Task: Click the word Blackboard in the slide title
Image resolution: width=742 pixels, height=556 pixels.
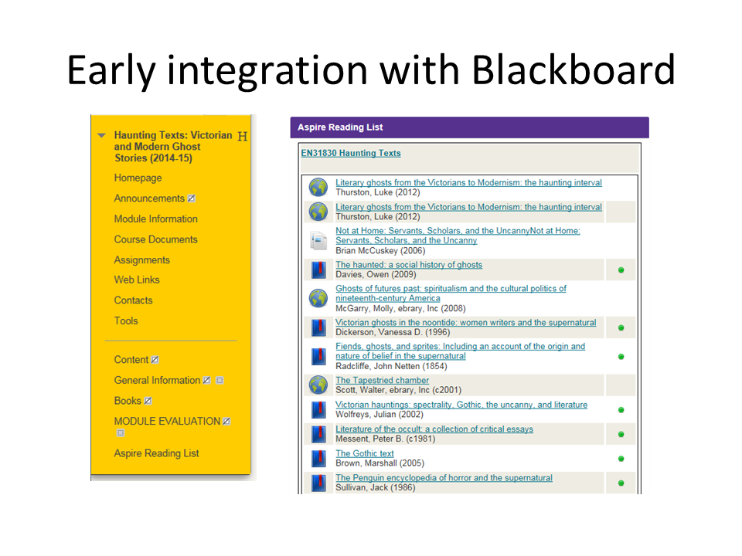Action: (573, 69)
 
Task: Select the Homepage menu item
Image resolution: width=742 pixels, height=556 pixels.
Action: (138, 178)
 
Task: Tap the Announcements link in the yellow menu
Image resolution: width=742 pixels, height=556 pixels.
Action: (149, 198)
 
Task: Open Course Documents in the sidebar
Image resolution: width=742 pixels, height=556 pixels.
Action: (155, 239)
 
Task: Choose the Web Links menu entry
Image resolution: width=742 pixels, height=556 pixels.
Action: (137, 280)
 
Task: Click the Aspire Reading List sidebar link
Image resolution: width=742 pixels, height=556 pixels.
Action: (156, 453)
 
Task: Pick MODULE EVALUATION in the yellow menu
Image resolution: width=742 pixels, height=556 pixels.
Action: (167, 422)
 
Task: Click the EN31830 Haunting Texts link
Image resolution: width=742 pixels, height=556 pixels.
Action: (351, 153)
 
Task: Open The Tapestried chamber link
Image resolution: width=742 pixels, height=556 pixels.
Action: (383, 380)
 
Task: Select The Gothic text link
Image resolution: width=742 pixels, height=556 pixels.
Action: (365, 453)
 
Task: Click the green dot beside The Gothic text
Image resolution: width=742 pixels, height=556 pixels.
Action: (621, 459)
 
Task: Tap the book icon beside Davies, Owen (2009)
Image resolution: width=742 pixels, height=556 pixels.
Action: (319, 270)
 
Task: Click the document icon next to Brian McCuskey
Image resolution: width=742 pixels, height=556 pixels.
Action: (318, 241)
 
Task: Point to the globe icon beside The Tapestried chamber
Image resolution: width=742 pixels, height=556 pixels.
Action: (318, 385)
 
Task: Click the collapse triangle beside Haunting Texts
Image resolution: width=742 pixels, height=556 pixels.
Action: (101, 136)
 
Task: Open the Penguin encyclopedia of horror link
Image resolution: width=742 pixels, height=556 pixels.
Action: (444, 478)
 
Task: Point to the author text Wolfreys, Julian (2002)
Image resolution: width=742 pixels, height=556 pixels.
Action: (379, 415)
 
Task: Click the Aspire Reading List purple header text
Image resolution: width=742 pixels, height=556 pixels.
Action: (340, 127)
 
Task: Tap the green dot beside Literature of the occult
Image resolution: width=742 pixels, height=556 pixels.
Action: (621, 434)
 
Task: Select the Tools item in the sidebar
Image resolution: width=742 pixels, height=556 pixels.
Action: (126, 321)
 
